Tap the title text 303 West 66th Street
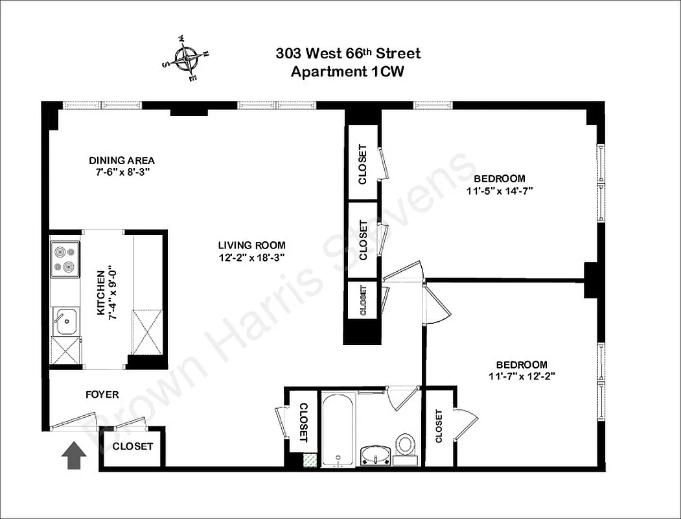click(x=348, y=54)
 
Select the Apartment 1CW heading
click(x=347, y=72)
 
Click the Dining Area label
click(x=122, y=161)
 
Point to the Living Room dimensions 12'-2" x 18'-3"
click(x=251, y=257)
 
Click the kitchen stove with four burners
click(x=65, y=259)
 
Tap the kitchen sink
click(x=65, y=322)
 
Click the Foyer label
click(x=102, y=394)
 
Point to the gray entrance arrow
click(x=75, y=455)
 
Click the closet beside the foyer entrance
click(x=133, y=446)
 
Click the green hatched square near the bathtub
click(x=312, y=459)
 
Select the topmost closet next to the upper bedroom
click(x=363, y=163)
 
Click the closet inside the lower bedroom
click(x=439, y=426)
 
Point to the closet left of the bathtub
click(x=303, y=422)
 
